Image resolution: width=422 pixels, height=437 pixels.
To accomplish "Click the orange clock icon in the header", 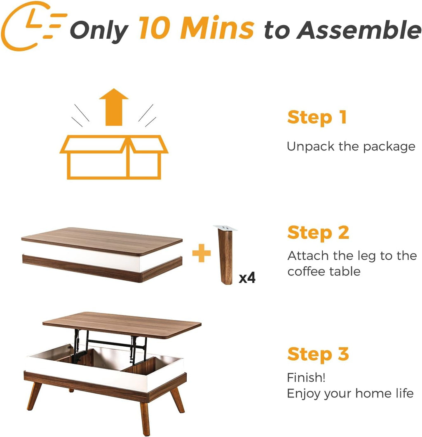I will [x=31, y=26].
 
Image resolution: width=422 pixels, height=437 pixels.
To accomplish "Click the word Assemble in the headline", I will [x=359, y=30].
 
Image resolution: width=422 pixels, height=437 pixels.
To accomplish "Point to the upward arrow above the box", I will [x=114, y=106].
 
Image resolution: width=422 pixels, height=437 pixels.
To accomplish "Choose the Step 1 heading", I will [x=316, y=117].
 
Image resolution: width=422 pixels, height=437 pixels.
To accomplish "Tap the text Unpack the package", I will [x=351, y=146].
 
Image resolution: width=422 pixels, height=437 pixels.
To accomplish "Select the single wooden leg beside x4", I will [x=225, y=257].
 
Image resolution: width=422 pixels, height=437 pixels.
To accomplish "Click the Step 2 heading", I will [x=318, y=233].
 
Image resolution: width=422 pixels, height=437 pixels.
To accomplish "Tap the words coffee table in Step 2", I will [x=324, y=271].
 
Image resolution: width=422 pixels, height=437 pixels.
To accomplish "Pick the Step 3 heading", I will [x=318, y=354].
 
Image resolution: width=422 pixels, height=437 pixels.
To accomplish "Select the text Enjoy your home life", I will [x=350, y=393].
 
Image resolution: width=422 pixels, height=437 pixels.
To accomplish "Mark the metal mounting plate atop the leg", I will [x=226, y=228].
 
